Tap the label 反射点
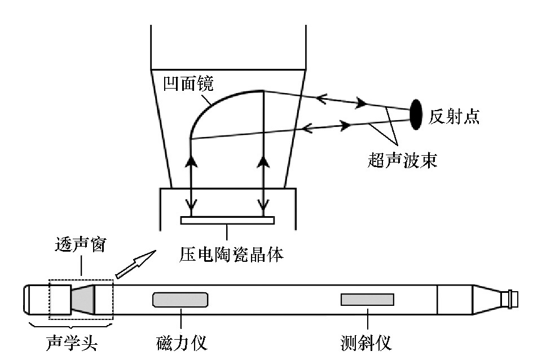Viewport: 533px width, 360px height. pyautogui.click(x=453, y=117)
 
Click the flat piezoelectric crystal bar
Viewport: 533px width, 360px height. pyautogui.click(x=227, y=220)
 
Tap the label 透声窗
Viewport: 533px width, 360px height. pyautogui.click(x=80, y=247)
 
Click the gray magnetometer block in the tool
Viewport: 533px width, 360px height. pyautogui.click(x=180, y=299)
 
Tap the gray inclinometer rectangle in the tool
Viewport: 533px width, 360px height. pyautogui.click(x=367, y=299)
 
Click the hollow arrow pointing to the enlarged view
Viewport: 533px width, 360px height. pyautogui.click(x=135, y=265)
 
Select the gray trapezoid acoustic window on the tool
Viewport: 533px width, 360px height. pyautogui.click(x=82, y=299)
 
